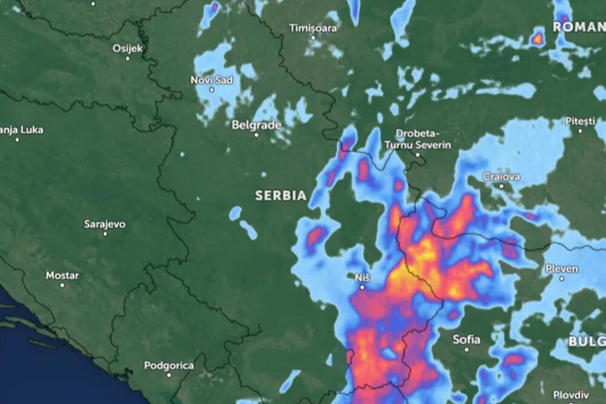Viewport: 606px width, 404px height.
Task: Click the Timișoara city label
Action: tap(312, 28)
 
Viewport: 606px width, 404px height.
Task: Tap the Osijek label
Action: tap(127, 48)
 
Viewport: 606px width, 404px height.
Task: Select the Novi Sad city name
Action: tap(211, 80)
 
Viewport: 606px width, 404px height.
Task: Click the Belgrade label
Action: tap(256, 125)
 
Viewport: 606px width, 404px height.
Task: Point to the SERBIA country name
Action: tap(281, 196)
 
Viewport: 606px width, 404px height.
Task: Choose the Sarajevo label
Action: tap(105, 224)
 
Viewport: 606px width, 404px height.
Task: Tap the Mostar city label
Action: tap(62, 276)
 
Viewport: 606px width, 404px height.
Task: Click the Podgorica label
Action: tap(168, 365)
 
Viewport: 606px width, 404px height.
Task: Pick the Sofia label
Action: tap(467, 340)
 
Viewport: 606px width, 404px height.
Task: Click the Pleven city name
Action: tap(561, 268)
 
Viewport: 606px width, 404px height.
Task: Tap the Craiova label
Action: tap(501, 177)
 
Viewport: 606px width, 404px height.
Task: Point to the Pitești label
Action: tap(581, 121)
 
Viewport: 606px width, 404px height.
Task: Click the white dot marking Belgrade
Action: tap(256, 134)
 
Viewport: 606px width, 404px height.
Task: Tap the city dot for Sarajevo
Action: tap(105, 233)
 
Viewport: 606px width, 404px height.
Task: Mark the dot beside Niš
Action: tap(362, 287)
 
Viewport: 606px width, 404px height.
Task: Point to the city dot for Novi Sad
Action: tap(211, 90)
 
